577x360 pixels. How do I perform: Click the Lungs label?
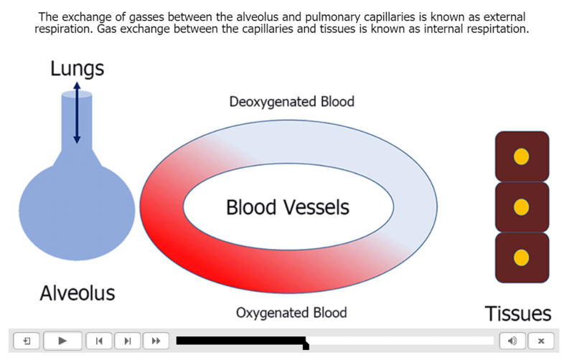point(78,69)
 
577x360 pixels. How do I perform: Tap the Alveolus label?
point(78,293)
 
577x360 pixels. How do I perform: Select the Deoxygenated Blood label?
point(292,102)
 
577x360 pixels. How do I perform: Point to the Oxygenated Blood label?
point(291,313)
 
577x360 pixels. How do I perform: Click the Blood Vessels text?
point(287,207)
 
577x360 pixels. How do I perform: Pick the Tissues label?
point(518,313)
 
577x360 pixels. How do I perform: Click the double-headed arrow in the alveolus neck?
point(77,113)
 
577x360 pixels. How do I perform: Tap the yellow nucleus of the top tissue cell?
point(522,156)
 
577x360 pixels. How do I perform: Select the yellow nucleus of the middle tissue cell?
point(522,207)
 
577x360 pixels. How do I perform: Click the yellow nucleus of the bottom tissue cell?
point(522,257)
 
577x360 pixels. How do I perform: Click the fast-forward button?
point(156,341)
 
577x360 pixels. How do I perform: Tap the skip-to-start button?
point(99,341)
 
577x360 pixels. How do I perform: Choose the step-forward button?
point(127,341)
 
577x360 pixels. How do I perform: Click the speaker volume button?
point(512,341)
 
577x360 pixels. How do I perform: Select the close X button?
point(541,341)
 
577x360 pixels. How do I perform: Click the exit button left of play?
point(27,341)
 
